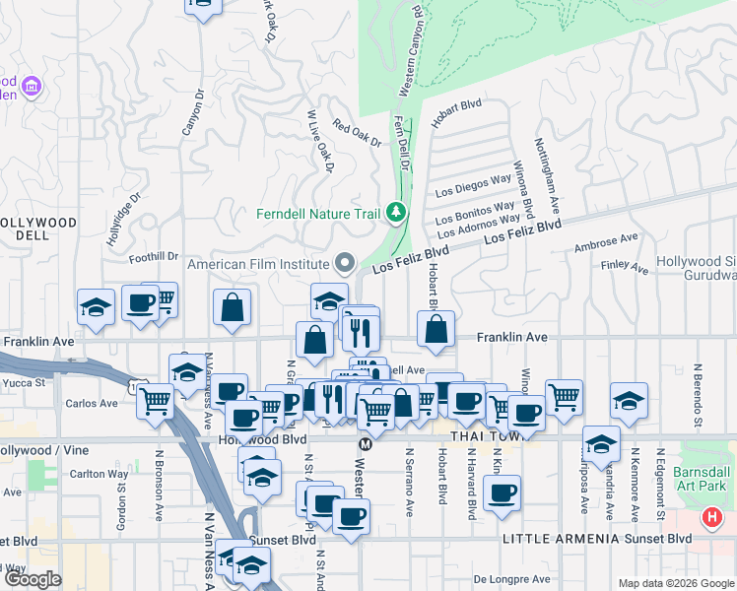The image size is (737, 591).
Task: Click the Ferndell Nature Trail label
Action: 318,214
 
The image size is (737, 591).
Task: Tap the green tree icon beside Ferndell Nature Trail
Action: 395,213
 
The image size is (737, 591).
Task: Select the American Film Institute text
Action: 257,264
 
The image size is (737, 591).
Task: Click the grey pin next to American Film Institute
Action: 344,264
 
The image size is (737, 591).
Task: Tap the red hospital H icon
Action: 713,518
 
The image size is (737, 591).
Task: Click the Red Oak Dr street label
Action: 357,133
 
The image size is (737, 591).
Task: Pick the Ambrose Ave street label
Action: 607,240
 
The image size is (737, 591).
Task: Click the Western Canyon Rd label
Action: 410,51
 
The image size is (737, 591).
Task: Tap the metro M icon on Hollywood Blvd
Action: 365,444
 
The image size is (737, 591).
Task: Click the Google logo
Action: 31,580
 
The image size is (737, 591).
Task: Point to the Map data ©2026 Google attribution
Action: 676,583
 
